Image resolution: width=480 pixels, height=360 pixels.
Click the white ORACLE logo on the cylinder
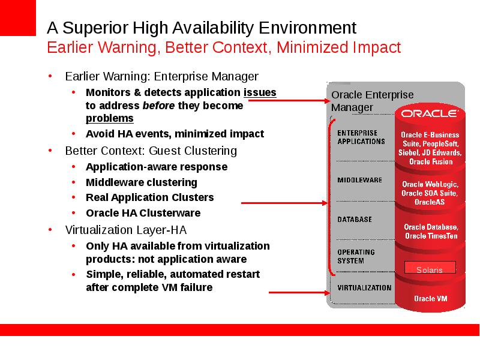(430, 113)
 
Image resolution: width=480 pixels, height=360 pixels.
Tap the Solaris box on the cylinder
(430, 267)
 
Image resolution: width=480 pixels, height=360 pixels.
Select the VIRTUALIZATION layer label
(364, 288)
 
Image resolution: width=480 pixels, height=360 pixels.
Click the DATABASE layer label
(355, 220)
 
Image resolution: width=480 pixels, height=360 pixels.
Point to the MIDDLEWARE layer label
(359, 180)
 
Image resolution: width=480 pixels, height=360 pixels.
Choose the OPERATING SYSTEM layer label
(356, 257)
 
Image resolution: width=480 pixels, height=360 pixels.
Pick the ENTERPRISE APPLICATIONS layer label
(361, 137)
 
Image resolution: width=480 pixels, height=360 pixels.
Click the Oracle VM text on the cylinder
(430, 298)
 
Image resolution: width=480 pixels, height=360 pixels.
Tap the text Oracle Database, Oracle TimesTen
(431, 232)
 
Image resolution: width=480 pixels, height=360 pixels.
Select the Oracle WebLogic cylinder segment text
(430, 193)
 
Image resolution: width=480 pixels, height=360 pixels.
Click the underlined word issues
(260, 92)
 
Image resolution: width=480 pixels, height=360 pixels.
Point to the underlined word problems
(110, 118)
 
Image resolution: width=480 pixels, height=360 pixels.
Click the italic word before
(158, 106)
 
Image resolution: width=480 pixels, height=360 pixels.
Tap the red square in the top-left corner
(18, 18)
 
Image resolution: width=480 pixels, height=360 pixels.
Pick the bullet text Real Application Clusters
(149, 198)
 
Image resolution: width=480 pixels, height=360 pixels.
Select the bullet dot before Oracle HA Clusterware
(73, 213)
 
